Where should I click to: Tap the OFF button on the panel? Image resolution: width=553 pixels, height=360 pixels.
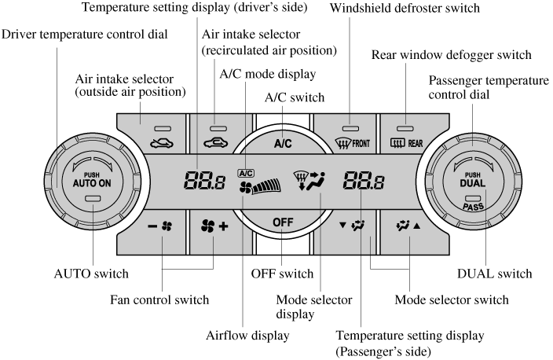tap(282, 222)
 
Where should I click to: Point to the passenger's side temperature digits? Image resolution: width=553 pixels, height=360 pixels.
tap(363, 183)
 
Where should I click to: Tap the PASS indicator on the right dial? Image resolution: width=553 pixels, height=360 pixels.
tap(474, 208)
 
